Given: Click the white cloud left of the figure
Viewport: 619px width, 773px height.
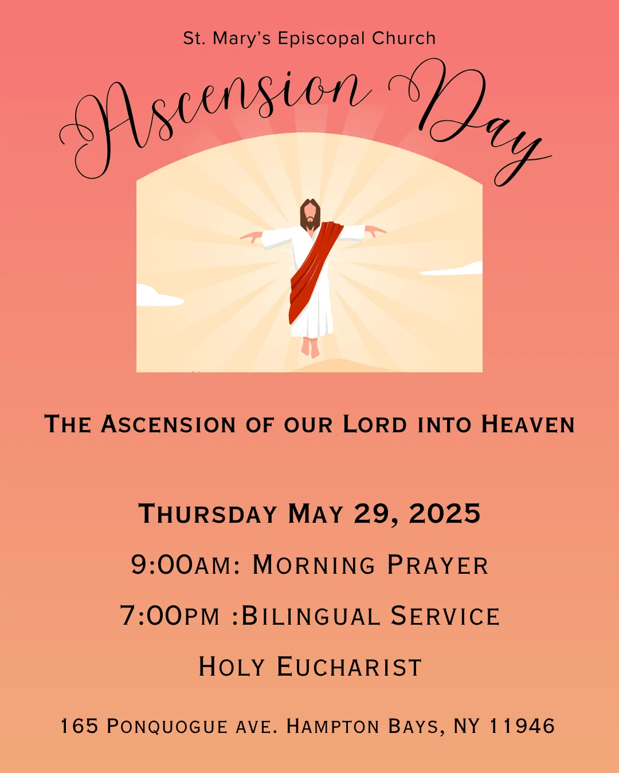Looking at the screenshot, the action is tap(158, 295).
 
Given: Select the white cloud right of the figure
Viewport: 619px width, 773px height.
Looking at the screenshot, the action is tap(452, 269).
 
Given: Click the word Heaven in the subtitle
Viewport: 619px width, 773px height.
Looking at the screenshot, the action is tap(528, 424).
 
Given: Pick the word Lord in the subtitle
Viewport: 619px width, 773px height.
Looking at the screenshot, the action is tap(375, 424).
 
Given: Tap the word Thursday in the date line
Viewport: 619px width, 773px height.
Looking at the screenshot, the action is tap(207, 513).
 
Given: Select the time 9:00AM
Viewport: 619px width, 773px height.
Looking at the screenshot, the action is tap(185, 565).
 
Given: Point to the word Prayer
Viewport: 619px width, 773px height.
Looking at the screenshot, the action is tap(438, 565).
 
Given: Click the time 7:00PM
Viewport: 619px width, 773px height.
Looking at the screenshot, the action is tap(170, 616).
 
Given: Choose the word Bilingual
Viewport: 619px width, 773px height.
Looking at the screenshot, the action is tap(311, 616).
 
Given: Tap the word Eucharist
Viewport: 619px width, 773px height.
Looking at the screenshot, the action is tap(349, 666).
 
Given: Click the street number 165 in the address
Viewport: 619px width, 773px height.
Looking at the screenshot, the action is tap(79, 725).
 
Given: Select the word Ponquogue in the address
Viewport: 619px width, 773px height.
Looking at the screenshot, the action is tap(167, 726).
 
